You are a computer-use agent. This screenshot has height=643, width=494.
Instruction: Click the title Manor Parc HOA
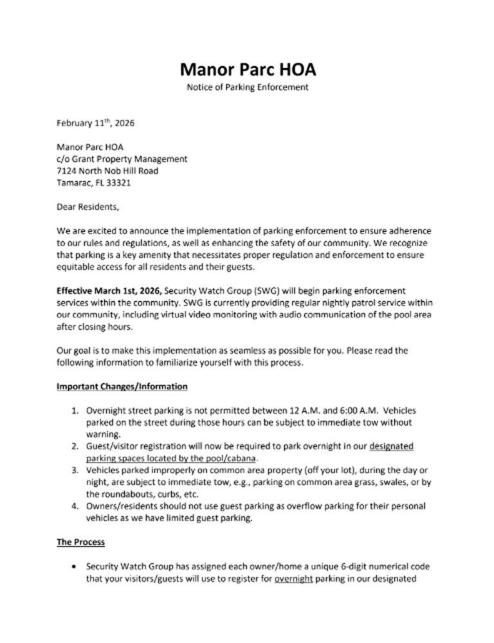point(248,68)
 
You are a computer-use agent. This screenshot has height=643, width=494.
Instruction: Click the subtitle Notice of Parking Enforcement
point(248,87)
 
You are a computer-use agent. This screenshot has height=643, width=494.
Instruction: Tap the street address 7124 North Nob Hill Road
point(107,170)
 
